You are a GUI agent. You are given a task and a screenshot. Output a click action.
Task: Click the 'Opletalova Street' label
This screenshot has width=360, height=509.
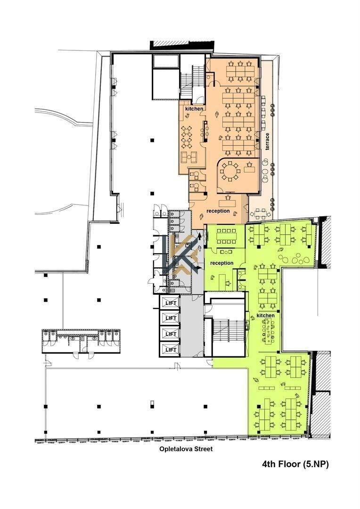[186, 449]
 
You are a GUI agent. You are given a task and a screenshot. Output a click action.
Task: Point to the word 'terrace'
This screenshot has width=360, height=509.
[267, 141]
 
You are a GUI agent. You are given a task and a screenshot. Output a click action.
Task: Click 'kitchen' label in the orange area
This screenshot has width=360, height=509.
[194, 109]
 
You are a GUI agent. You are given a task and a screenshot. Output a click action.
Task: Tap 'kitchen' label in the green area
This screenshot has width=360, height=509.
[266, 315]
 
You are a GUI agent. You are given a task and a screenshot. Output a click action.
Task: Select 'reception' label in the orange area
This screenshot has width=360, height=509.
[218, 211]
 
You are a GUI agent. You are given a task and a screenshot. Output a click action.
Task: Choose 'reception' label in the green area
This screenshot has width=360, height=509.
[222, 263]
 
